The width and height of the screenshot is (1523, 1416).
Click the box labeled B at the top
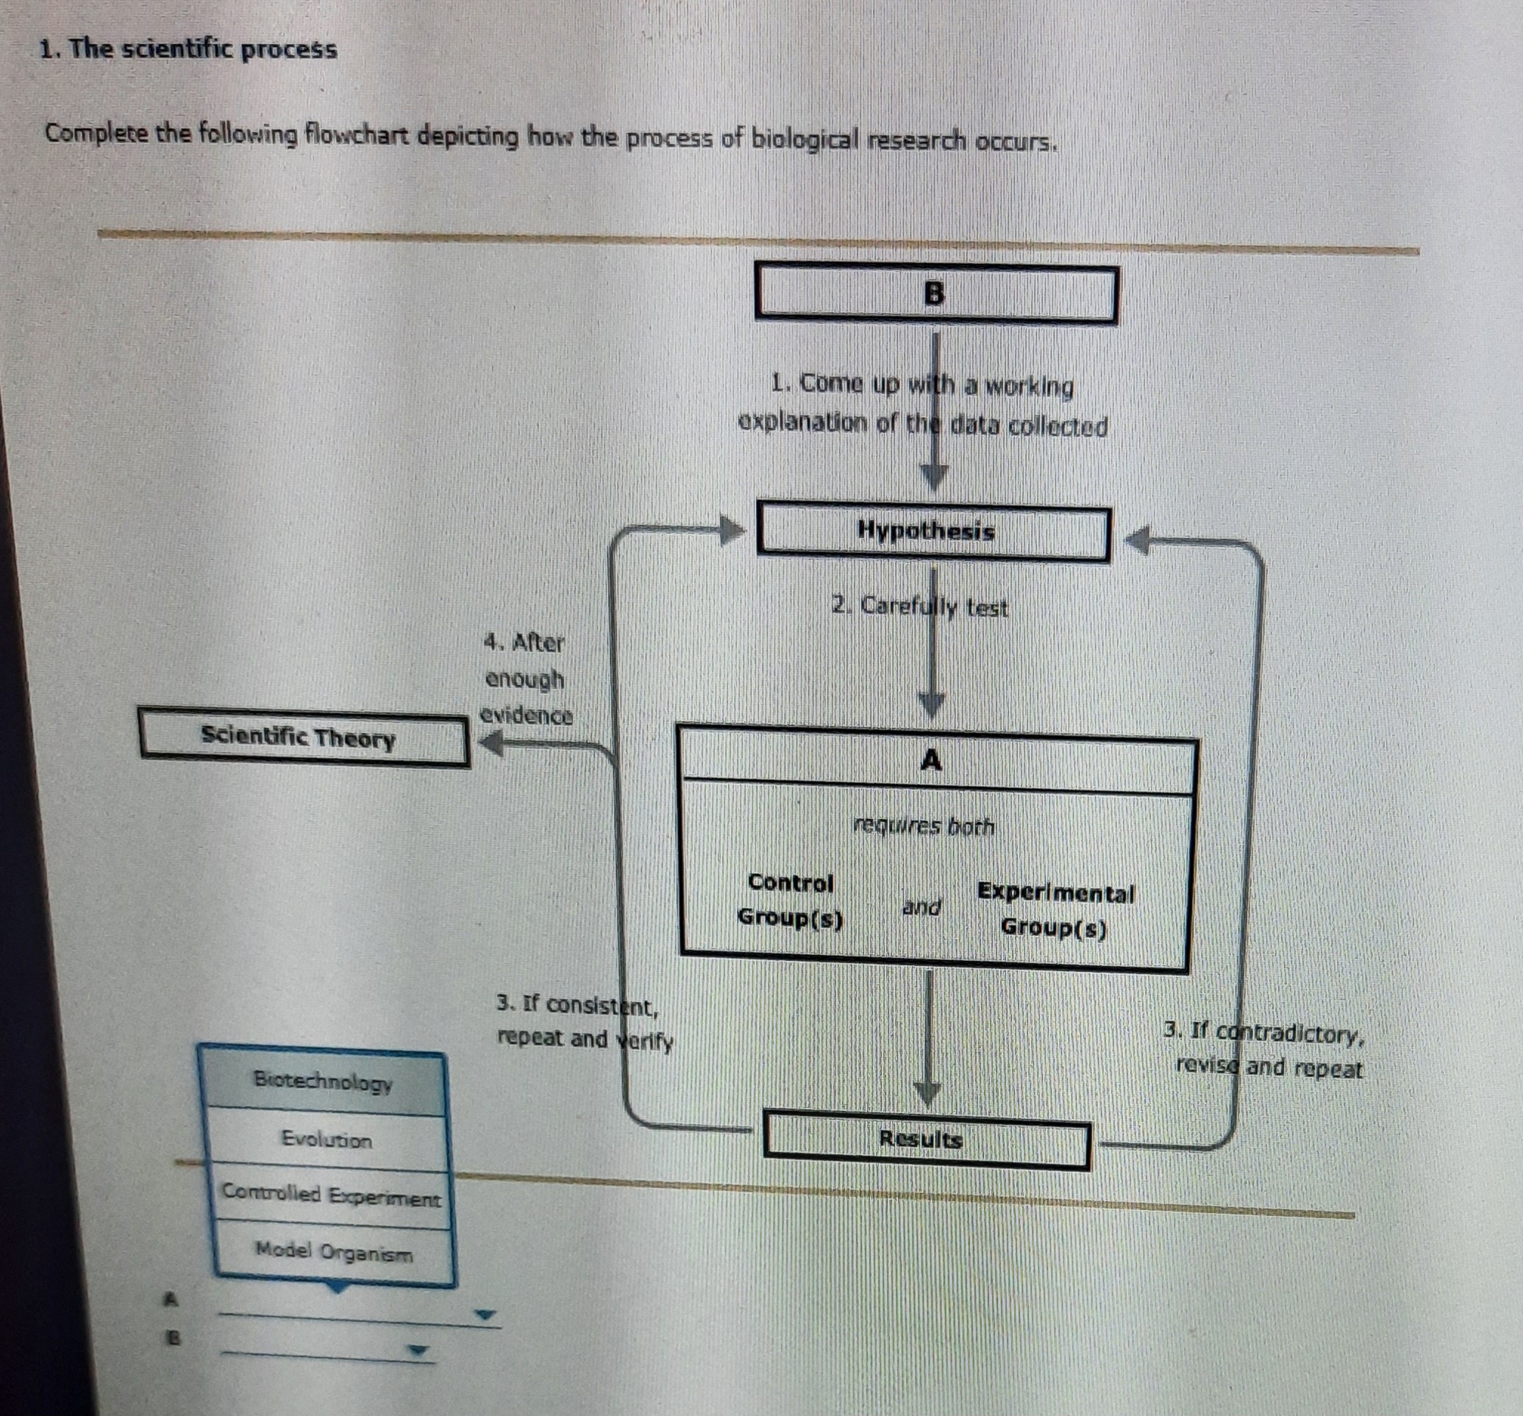point(935,293)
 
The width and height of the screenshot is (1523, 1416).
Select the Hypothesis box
point(933,532)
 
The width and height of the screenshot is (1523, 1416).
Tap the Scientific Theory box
point(304,737)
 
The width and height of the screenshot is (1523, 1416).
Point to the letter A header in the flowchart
point(931,760)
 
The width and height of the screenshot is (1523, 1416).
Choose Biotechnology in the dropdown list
point(324,1081)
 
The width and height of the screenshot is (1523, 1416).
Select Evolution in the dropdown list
point(327,1140)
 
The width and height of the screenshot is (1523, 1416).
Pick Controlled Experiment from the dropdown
point(331,1195)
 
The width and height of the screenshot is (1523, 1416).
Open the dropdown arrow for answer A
point(484,1315)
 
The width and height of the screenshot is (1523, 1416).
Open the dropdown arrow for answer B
point(418,1350)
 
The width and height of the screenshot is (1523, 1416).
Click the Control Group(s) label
point(790,900)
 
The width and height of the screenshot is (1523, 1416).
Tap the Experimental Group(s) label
point(1055,911)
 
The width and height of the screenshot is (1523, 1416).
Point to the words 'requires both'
point(923,826)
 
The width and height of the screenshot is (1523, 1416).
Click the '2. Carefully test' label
point(919,607)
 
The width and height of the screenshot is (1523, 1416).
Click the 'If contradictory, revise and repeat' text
point(1264,1050)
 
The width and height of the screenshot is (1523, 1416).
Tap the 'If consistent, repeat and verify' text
point(585,1021)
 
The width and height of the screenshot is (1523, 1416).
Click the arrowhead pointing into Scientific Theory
point(492,743)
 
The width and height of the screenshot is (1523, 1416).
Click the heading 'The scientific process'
point(188,49)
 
